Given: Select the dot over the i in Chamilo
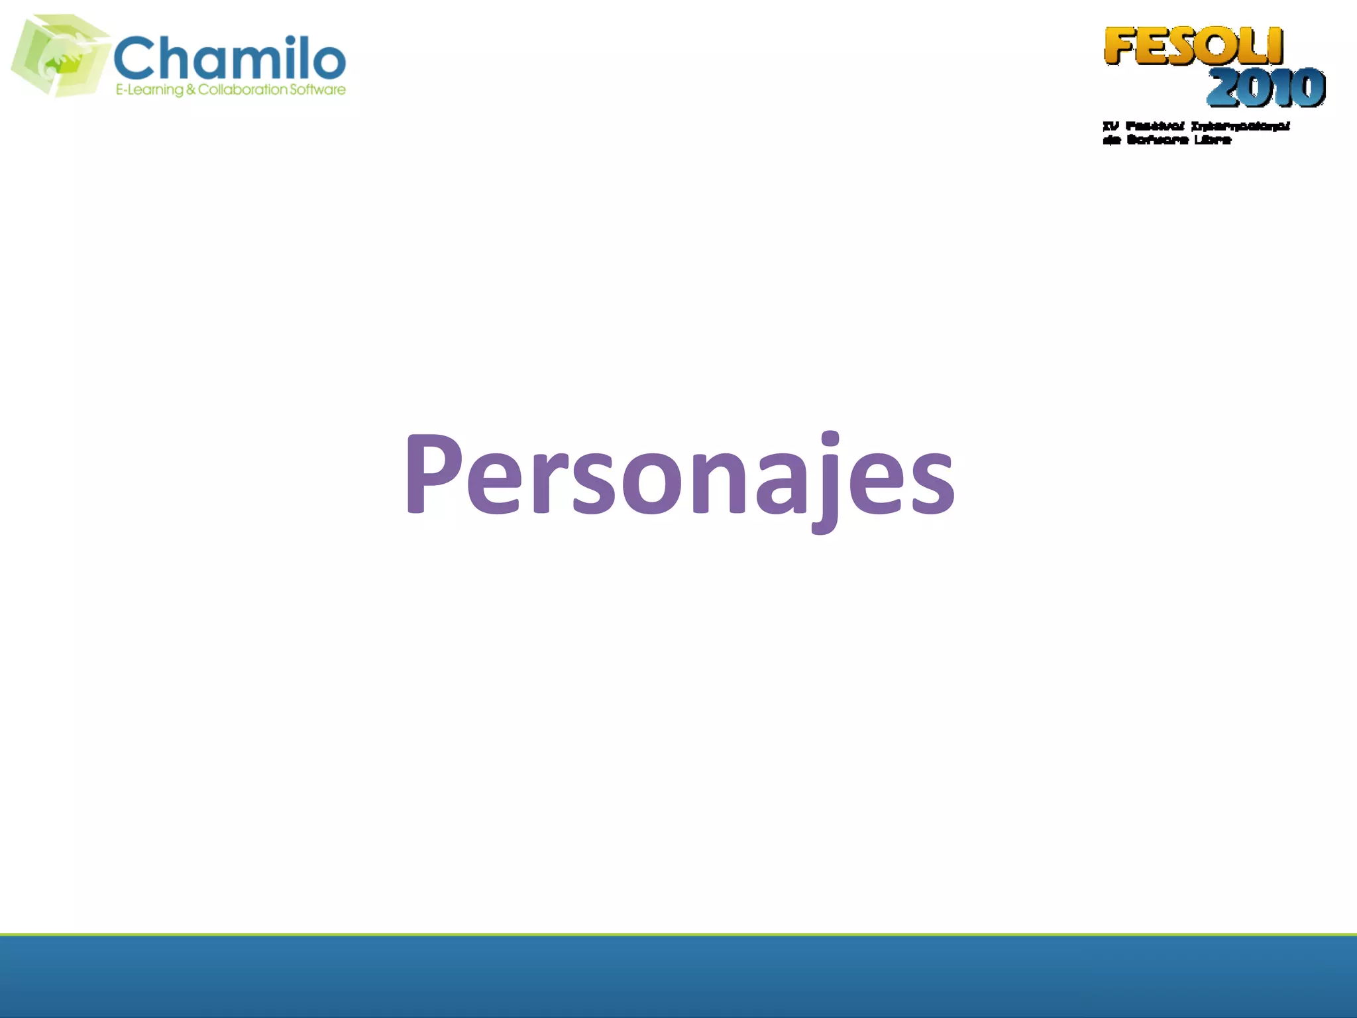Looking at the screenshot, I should click(290, 40).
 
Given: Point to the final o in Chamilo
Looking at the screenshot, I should click(327, 61).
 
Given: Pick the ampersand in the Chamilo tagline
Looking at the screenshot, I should click(191, 89).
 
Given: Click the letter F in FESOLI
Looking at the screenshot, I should click(1120, 46).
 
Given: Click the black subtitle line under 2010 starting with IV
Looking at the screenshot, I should click(1196, 126).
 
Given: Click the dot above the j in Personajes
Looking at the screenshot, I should click(830, 439).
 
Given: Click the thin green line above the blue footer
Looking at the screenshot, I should click(678, 934).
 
